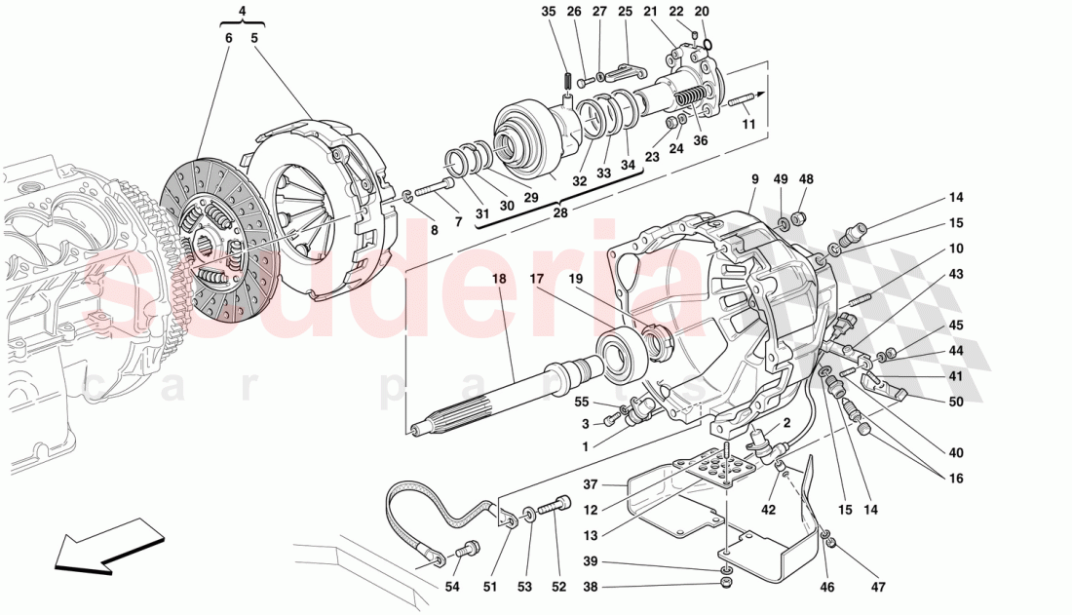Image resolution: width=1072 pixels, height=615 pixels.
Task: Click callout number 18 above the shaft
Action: (499, 279)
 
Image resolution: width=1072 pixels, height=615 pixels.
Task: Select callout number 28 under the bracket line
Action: (558, 211)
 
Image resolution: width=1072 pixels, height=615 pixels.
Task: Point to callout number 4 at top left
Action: (242, 13)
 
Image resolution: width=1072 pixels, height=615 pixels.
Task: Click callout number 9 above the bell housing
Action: (754, 179)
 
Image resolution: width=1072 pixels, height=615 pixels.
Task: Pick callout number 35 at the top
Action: (549, 12)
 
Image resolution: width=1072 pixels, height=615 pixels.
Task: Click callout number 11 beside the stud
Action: (748, 125)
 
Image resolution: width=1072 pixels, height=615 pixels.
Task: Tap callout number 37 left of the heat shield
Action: (591, 483)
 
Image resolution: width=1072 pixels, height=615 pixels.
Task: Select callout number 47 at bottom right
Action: (879, 588)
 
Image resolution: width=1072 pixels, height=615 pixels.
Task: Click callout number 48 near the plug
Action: (806, 179)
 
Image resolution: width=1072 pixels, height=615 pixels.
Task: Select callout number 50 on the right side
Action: (955, 402)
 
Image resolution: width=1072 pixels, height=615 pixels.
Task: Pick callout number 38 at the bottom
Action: (591, 588)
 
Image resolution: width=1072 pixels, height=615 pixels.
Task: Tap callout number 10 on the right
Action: (955, 249)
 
